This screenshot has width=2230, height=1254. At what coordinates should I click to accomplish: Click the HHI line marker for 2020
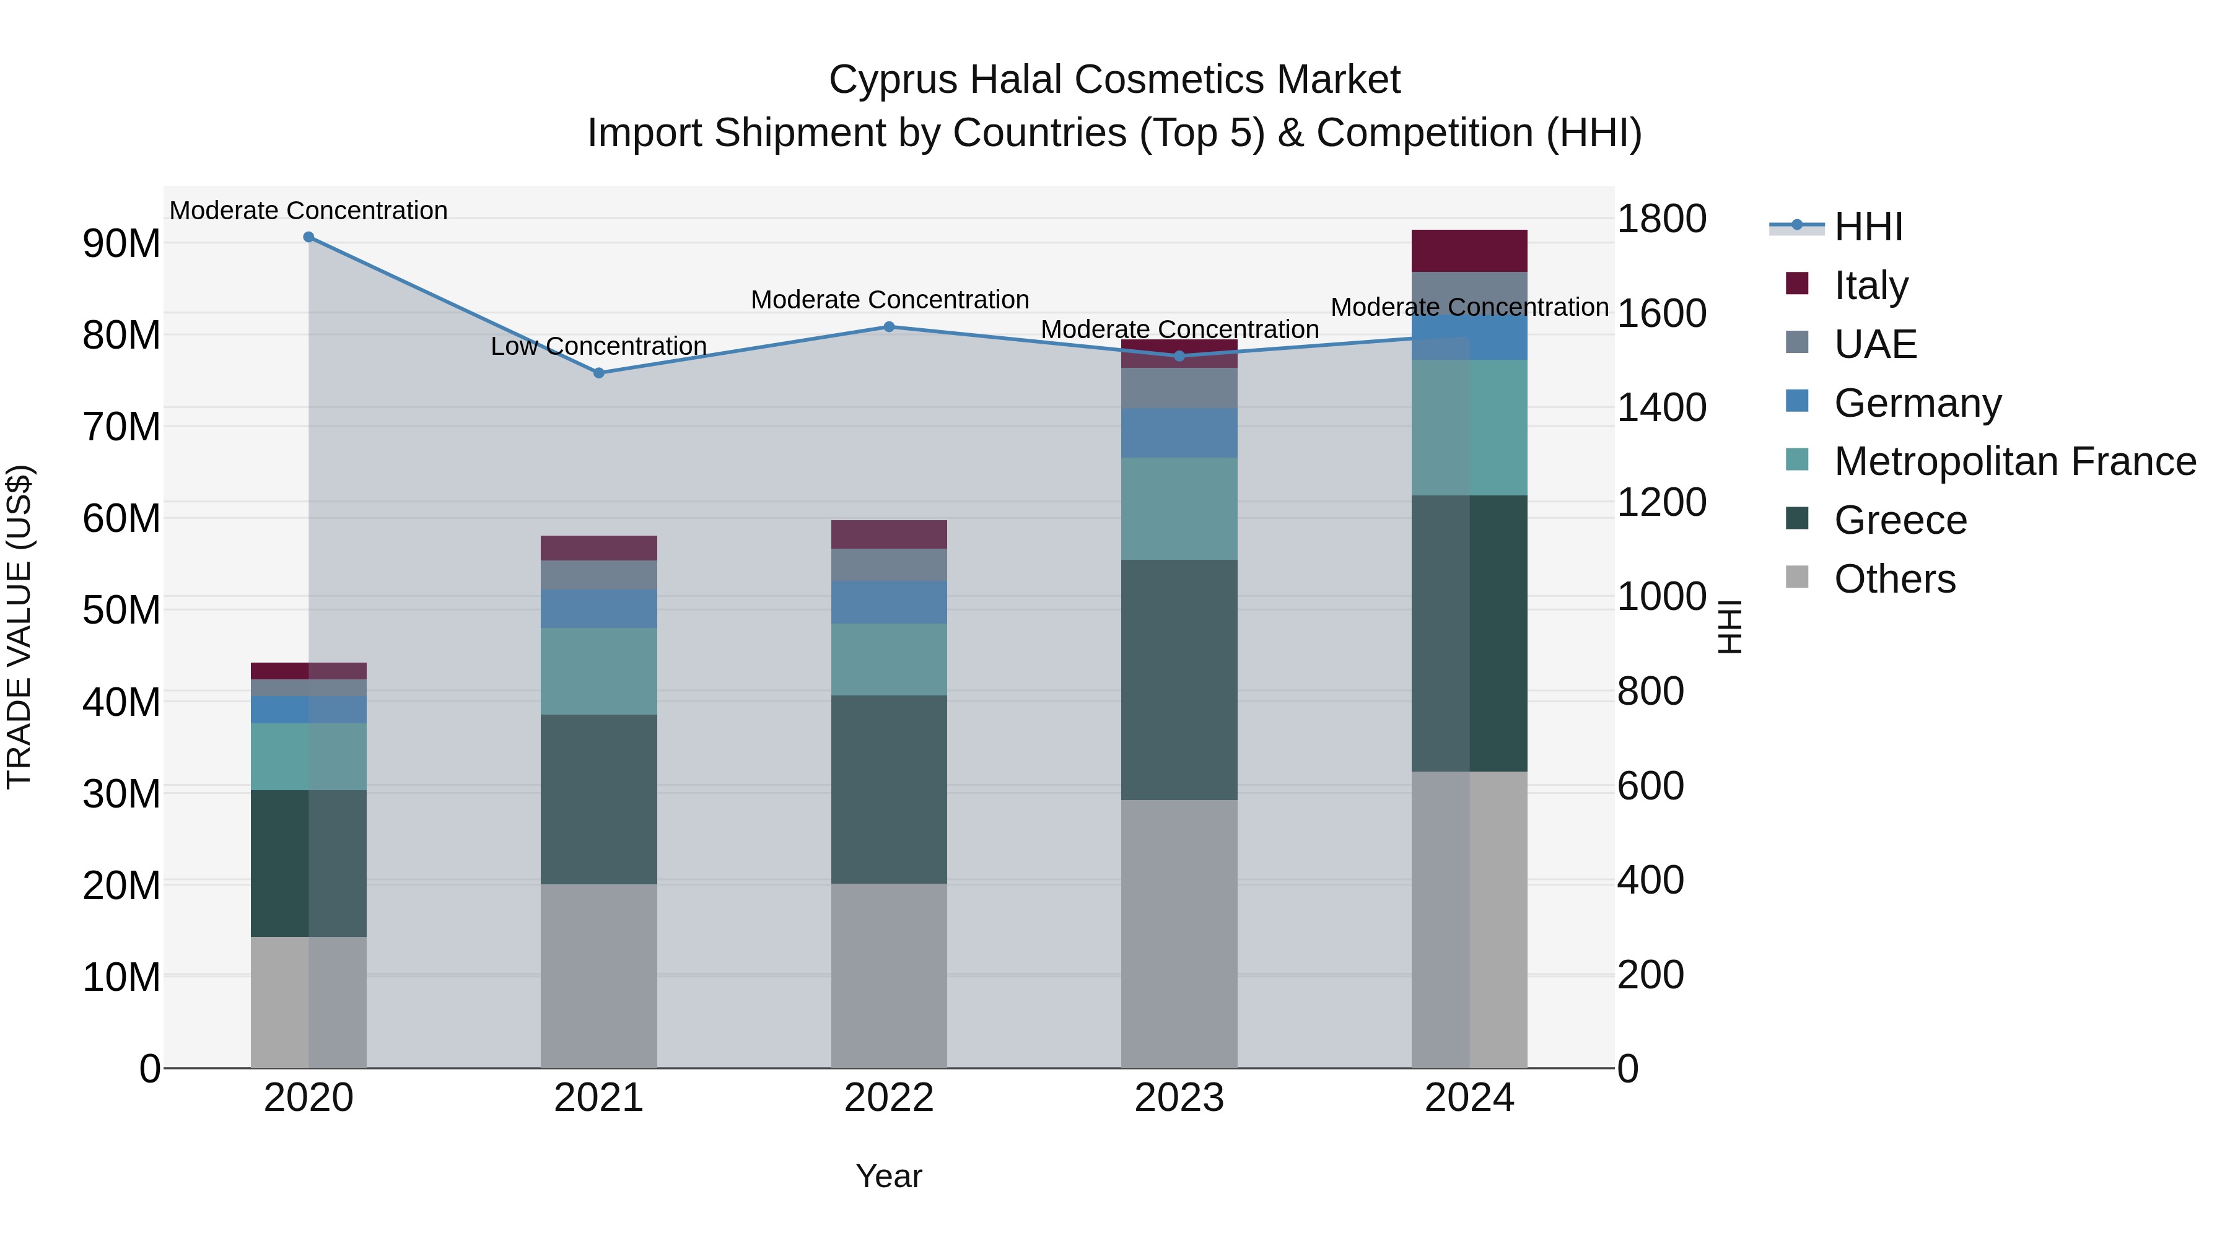[308, 237]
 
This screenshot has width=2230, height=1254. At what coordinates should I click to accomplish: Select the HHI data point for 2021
[598, 373]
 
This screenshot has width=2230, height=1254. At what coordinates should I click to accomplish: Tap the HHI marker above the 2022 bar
[888, 327]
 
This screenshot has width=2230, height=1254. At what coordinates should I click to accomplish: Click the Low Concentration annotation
[598, 346]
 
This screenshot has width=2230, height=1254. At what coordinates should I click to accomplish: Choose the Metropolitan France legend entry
[2014, 461]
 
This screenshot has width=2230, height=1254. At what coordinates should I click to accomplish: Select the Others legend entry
[1894, 579]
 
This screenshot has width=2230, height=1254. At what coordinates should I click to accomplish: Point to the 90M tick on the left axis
[121, 244]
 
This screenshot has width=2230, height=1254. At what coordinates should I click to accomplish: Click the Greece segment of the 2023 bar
[1178, 679]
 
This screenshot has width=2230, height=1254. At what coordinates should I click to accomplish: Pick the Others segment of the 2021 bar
[598, 975]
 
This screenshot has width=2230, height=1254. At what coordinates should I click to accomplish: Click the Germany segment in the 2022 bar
[888, 603]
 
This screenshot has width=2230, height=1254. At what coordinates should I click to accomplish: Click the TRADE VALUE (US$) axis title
[19, 627]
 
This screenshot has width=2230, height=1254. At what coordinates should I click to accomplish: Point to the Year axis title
[888, 1177]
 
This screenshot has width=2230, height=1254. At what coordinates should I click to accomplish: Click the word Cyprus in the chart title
[893, 80]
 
